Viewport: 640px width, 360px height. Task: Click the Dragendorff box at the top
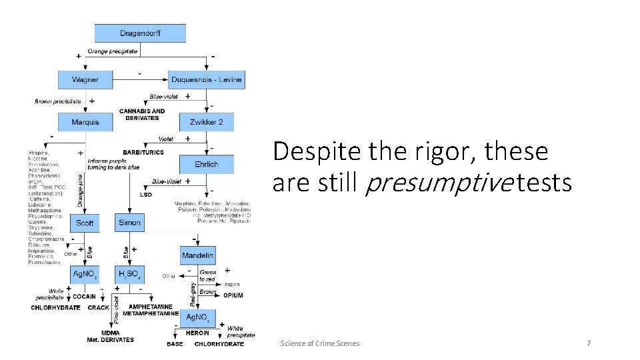[140, 33]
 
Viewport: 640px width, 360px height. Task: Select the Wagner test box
[85, 79]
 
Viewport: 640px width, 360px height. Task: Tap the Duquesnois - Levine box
[206, 79]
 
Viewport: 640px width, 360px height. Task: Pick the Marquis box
[85, 122]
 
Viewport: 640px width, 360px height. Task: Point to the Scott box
[85, 223]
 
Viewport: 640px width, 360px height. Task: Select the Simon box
[129, 223]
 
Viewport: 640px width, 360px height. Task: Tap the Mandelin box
[197, 255]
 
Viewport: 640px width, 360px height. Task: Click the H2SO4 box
[129, 274]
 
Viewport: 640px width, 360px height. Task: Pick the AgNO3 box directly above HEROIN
[197, 317]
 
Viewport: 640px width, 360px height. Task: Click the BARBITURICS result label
[143, 152]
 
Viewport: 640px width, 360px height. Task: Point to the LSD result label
[146, 195]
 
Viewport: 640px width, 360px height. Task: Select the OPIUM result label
[233, 295]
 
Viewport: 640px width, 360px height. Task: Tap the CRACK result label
[99, 307]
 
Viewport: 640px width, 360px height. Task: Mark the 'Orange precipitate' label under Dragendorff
[113, 51]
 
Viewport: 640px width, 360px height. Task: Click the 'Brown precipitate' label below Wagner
[58, 101]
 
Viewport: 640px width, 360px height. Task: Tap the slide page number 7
[589, 343]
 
